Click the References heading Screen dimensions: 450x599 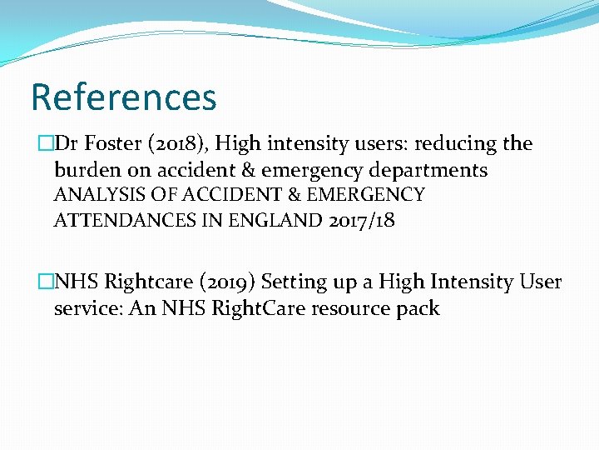[123, 97]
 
